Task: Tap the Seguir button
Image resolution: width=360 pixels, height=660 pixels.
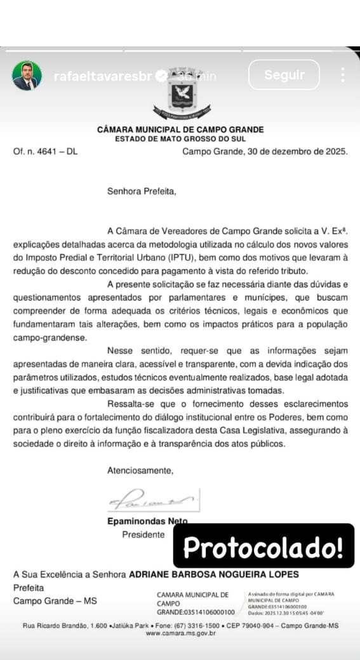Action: (284, 75)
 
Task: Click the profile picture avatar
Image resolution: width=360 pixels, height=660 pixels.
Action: (27, 76)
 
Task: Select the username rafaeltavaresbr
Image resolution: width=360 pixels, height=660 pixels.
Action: (103, 76)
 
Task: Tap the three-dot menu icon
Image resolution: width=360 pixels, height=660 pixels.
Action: (343, 75)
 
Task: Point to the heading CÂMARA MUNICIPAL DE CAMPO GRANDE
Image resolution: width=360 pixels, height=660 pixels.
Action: (180, 130)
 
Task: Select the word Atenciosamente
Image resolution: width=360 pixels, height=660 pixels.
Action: (140, 471)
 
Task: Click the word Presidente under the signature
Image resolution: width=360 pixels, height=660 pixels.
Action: (143, 535)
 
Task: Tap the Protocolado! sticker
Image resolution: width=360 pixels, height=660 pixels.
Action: (263, 546)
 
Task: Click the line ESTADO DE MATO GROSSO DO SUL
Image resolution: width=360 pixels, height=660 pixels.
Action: (180, 138)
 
